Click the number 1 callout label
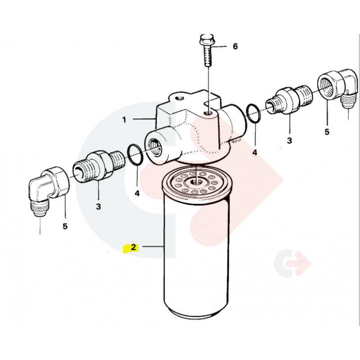point(124,120)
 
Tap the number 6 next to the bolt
point(235,46)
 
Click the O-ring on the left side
point(135,154)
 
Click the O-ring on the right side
point(253,113)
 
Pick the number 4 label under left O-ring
point(137,193)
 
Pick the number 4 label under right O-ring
point(255,152)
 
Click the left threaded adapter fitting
point(99,165)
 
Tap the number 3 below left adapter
point(98,207)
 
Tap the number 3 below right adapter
point(289,140)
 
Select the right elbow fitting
point(337,88)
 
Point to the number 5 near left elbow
point(65,226)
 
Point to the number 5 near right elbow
point(327,132)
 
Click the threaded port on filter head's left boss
point(154,148)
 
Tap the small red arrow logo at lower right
point(292,263)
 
